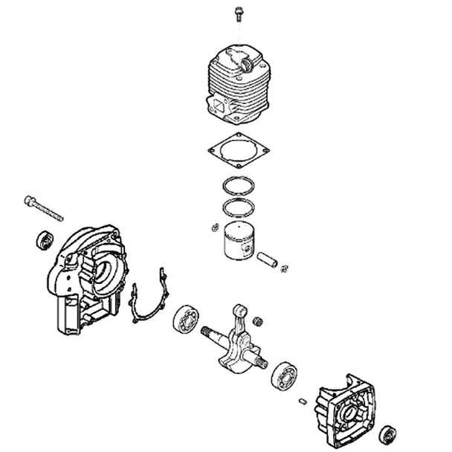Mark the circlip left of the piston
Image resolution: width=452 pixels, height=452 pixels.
coord(214,226)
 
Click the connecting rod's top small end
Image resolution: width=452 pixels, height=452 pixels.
coord(239,309)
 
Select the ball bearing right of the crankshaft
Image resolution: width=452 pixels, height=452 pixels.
coord(285,375)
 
